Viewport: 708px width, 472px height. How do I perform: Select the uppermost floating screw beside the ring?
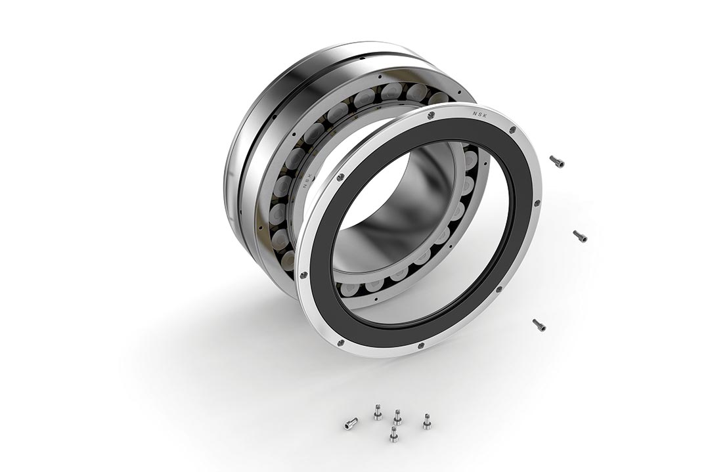(557, 161)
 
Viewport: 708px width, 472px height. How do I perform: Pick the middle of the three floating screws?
(580, 236)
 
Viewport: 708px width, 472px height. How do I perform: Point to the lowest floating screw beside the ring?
(539, 324)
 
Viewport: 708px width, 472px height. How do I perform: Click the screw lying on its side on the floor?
(351, 423)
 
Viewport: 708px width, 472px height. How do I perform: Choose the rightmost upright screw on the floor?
(427, 421)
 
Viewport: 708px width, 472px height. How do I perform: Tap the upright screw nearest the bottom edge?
(394, 434)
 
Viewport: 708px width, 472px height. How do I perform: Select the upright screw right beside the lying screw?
(378, 412)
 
